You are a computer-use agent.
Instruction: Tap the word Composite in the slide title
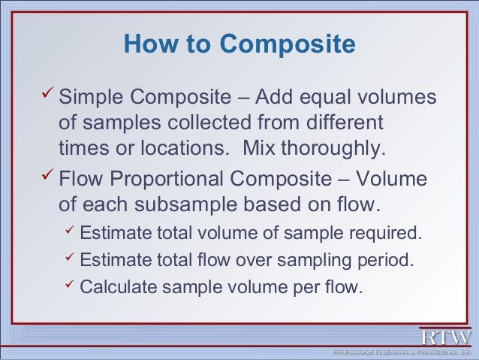click(x=285, y=46)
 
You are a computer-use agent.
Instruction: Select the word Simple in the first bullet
click(x=91, y=98)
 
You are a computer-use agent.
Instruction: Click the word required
click(x=385, y=234)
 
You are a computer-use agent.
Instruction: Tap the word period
click(x=385, y=261)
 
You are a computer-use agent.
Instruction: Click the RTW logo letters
click(x=446, y=336)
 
